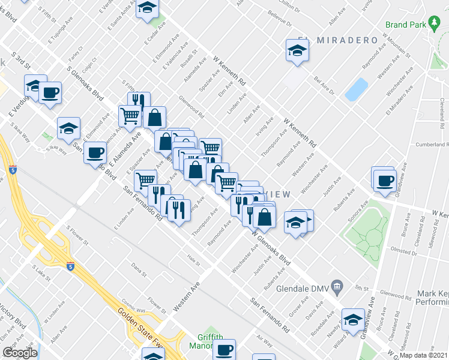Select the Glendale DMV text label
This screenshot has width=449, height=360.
[x=304, y=287]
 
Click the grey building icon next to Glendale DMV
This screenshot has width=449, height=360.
[x=337, y=287]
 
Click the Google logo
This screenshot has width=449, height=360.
[x=20, y=352]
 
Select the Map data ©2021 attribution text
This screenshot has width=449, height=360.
[x=424, y=356]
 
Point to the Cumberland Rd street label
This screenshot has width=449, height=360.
[x=432, y=145]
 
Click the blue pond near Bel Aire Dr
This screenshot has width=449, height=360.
[x=357, y=89]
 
